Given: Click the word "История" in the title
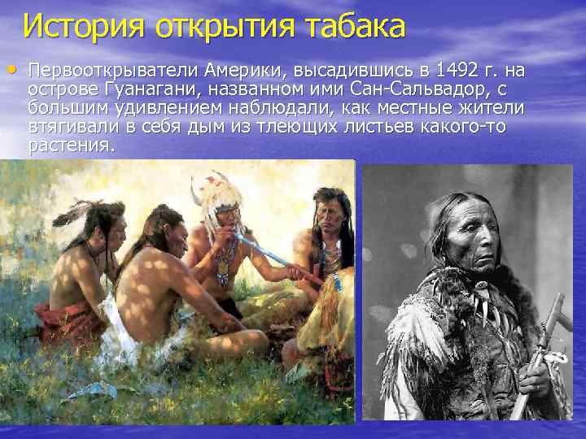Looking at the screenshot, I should pyautogui.click(x=81, y=27).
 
